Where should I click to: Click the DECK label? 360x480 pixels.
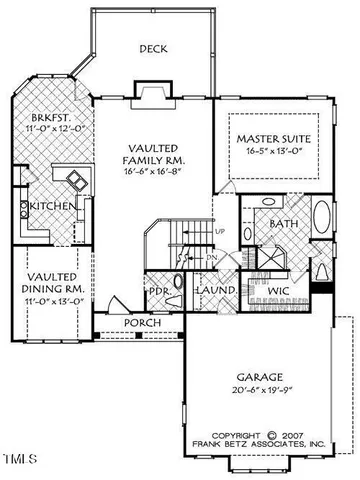point(153,48)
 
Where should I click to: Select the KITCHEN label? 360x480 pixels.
point(49,205)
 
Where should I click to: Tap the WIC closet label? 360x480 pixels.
point(278,290)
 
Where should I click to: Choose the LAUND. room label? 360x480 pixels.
point(221,291)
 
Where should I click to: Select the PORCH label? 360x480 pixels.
point(142,323)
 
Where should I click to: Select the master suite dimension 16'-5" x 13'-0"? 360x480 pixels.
point(268,153)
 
